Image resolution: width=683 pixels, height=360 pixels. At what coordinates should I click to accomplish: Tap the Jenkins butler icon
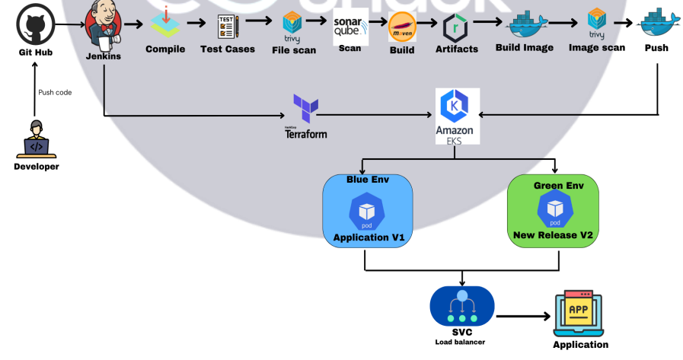tap(104, 28)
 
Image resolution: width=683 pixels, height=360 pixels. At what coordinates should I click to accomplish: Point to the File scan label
tap(293, 51)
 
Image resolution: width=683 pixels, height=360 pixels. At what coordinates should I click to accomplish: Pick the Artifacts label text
tap(457, 49)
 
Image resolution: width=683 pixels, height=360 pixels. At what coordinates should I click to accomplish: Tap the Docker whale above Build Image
tap(524, 24)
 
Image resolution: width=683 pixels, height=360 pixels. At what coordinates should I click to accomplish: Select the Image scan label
tap(597, 47)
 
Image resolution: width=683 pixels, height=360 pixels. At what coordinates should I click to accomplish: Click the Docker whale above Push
tap(656, 23)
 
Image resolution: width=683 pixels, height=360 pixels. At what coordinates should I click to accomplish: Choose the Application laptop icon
tap(580, 314)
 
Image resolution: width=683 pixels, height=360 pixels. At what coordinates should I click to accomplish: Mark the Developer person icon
tap(36, 139)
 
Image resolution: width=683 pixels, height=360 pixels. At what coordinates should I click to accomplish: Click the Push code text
tap(55, 92)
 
